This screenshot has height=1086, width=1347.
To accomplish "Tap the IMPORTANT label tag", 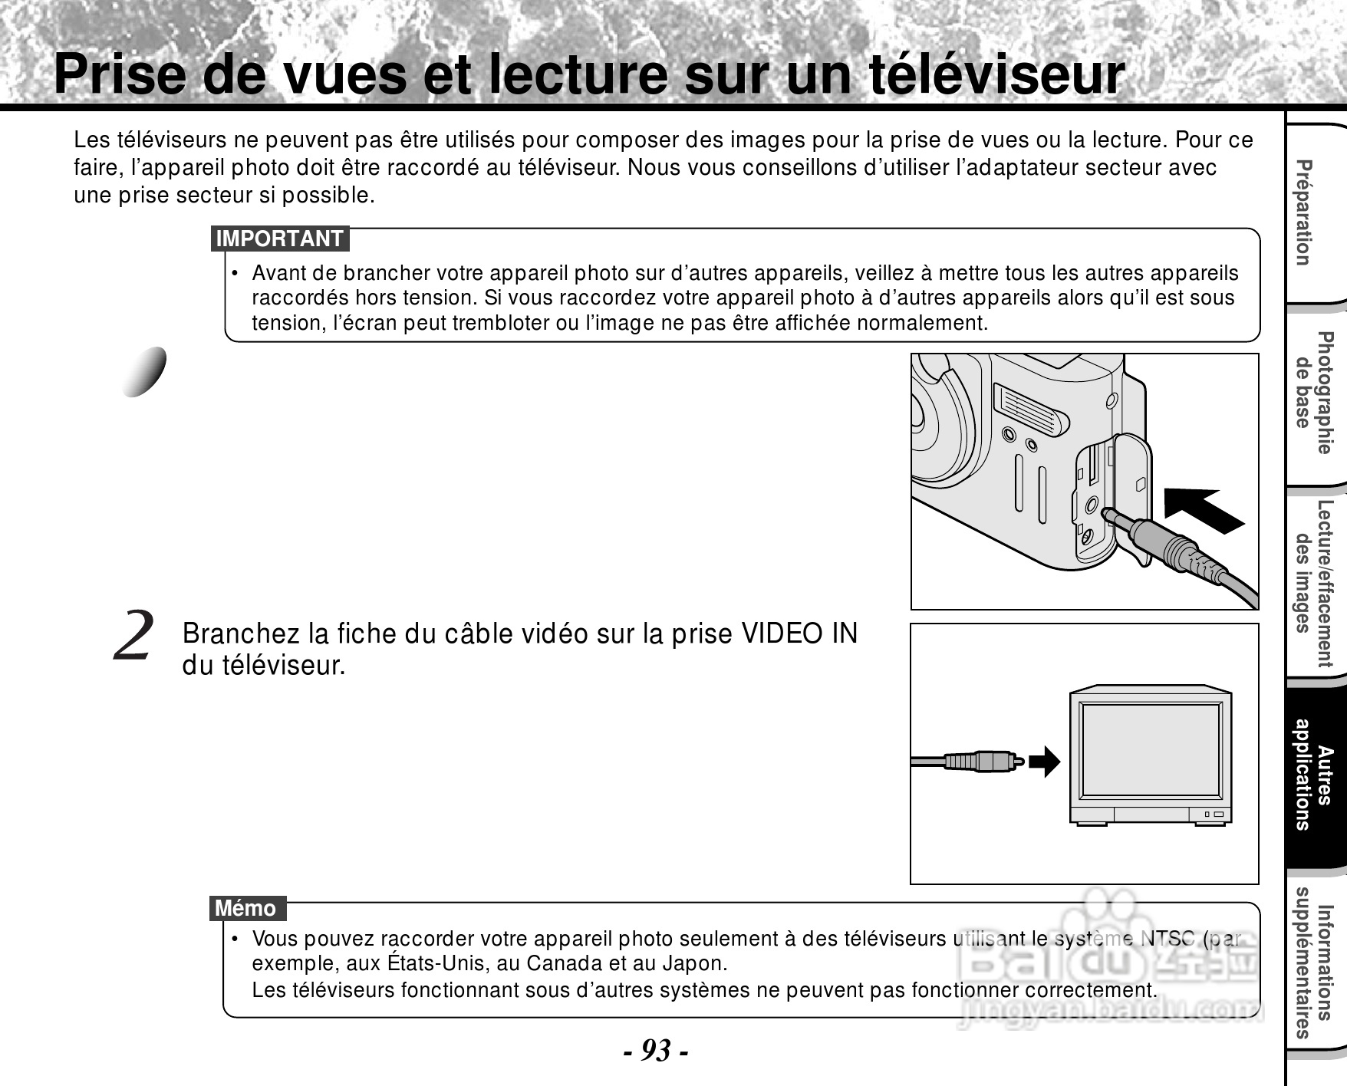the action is click(279, 239).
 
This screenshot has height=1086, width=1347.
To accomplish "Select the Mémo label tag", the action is click(246, 909).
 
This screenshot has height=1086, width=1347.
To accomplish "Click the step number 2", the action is click(134, 637).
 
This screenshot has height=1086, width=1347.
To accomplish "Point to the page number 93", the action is click(655, 1050).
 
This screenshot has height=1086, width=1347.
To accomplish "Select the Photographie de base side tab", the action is click(1313, 393).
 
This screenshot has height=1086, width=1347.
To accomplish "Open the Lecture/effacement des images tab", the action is click(1313, 584).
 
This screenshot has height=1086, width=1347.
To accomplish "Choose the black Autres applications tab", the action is click(1313, 775).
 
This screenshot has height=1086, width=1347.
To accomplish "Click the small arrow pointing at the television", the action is click(1044, 762).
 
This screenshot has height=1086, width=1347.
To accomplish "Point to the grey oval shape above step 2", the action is click(146, 372).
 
